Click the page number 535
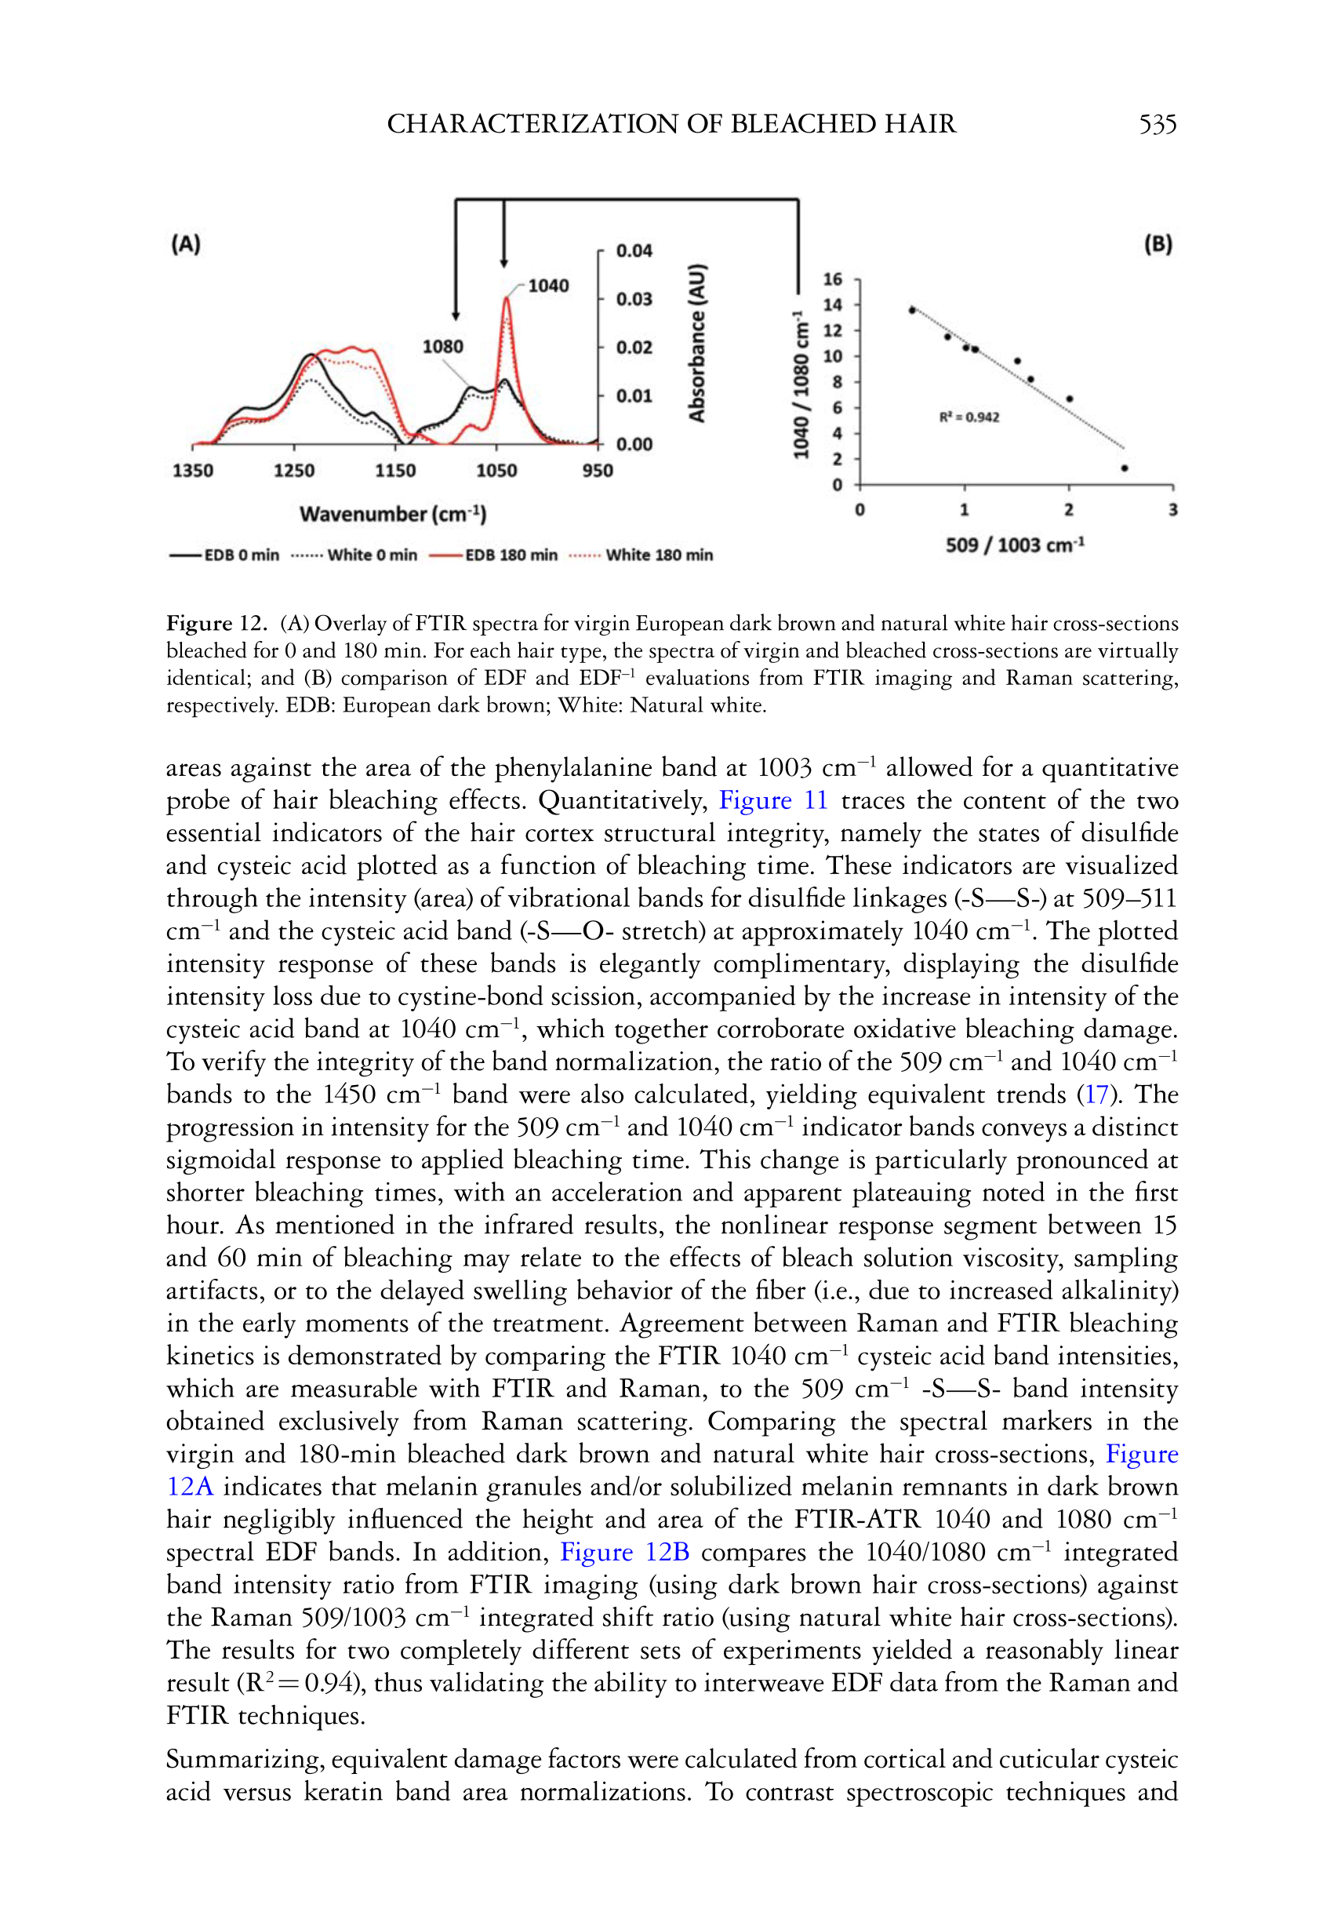click(1158, 125)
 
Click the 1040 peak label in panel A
click(548, 286)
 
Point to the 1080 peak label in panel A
click(442, 347)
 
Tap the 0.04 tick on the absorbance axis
click(634, 250)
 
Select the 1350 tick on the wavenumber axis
click(192, 471)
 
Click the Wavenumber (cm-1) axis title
click(393, 514)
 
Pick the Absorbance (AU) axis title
click(697, 344)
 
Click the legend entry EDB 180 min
click(511, 555)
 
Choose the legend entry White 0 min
click(372, 555)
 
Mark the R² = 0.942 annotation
click(969, 417)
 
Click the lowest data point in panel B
click(1124, 468)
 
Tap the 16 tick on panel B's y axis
click(832, 279)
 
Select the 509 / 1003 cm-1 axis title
click(1015, 545)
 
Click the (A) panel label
click(186, 244)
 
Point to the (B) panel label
click(1158, 244)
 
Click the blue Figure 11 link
click(772, 800)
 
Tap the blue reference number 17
click(1096, 1094)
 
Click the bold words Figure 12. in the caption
click(216, 623)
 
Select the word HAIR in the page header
click(919, 125)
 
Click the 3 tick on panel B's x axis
click(1173, 510)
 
